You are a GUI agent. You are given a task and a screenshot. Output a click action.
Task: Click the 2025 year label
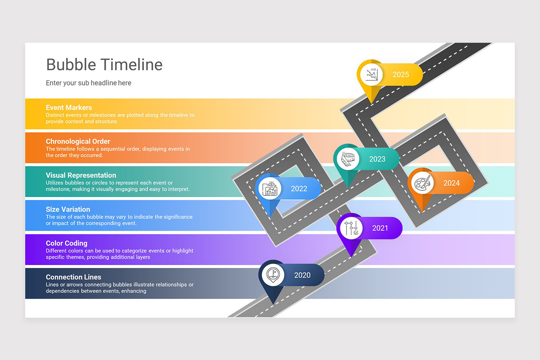click(400, 75)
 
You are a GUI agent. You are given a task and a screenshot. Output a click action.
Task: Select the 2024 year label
click(451, 183)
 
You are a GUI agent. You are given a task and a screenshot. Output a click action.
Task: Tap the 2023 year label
click(377, 159)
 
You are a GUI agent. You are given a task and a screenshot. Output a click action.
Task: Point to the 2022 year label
click(299, 189)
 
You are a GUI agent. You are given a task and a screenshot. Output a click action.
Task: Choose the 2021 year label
click(380, 228)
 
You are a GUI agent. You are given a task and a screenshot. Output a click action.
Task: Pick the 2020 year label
click(302, 275)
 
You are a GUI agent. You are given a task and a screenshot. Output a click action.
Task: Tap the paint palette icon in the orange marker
click(422, 183)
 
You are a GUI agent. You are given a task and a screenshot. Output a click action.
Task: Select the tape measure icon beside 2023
click(348, 159)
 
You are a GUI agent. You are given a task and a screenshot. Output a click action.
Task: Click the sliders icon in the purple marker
click(351, 228)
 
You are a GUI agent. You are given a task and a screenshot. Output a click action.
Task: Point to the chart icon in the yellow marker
click(371, 74)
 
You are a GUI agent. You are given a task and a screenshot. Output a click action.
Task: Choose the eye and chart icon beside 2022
click(270, 189)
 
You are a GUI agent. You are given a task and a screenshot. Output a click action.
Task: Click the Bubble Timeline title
click(104, 65)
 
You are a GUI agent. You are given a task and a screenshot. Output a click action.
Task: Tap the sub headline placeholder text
click(89, 83)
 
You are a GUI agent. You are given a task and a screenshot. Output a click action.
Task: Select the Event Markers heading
click(69, 108)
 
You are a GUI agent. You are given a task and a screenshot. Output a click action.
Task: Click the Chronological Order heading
click(78, 141)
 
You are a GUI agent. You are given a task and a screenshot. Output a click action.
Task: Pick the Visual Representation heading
click(81, 175)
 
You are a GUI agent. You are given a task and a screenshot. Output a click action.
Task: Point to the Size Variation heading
click(68, 209)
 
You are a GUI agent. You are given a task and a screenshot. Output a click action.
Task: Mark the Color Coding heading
click(67, 243)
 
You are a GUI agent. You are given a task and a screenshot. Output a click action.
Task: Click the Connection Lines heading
click(73, 277)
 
